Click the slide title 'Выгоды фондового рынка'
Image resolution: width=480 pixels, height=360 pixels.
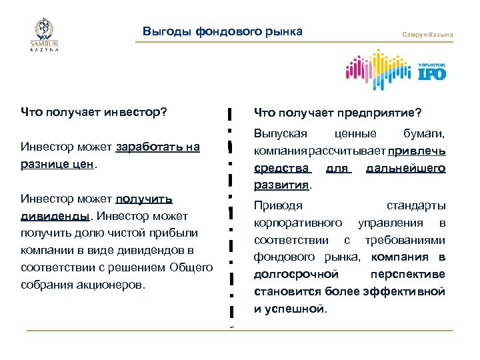(223, 31)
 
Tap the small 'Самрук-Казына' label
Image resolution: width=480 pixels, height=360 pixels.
(427, 34)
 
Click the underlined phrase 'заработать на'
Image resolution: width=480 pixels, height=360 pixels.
(158, 147)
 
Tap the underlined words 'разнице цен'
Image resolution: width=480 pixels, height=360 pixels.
(59, 164)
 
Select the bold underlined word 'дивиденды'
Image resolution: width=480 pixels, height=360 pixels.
(55, 216)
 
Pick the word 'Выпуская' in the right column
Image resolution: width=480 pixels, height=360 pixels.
(276, 134)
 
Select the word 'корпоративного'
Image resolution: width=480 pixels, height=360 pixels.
(298, 223)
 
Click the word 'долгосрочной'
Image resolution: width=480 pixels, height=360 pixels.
(295, 275)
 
